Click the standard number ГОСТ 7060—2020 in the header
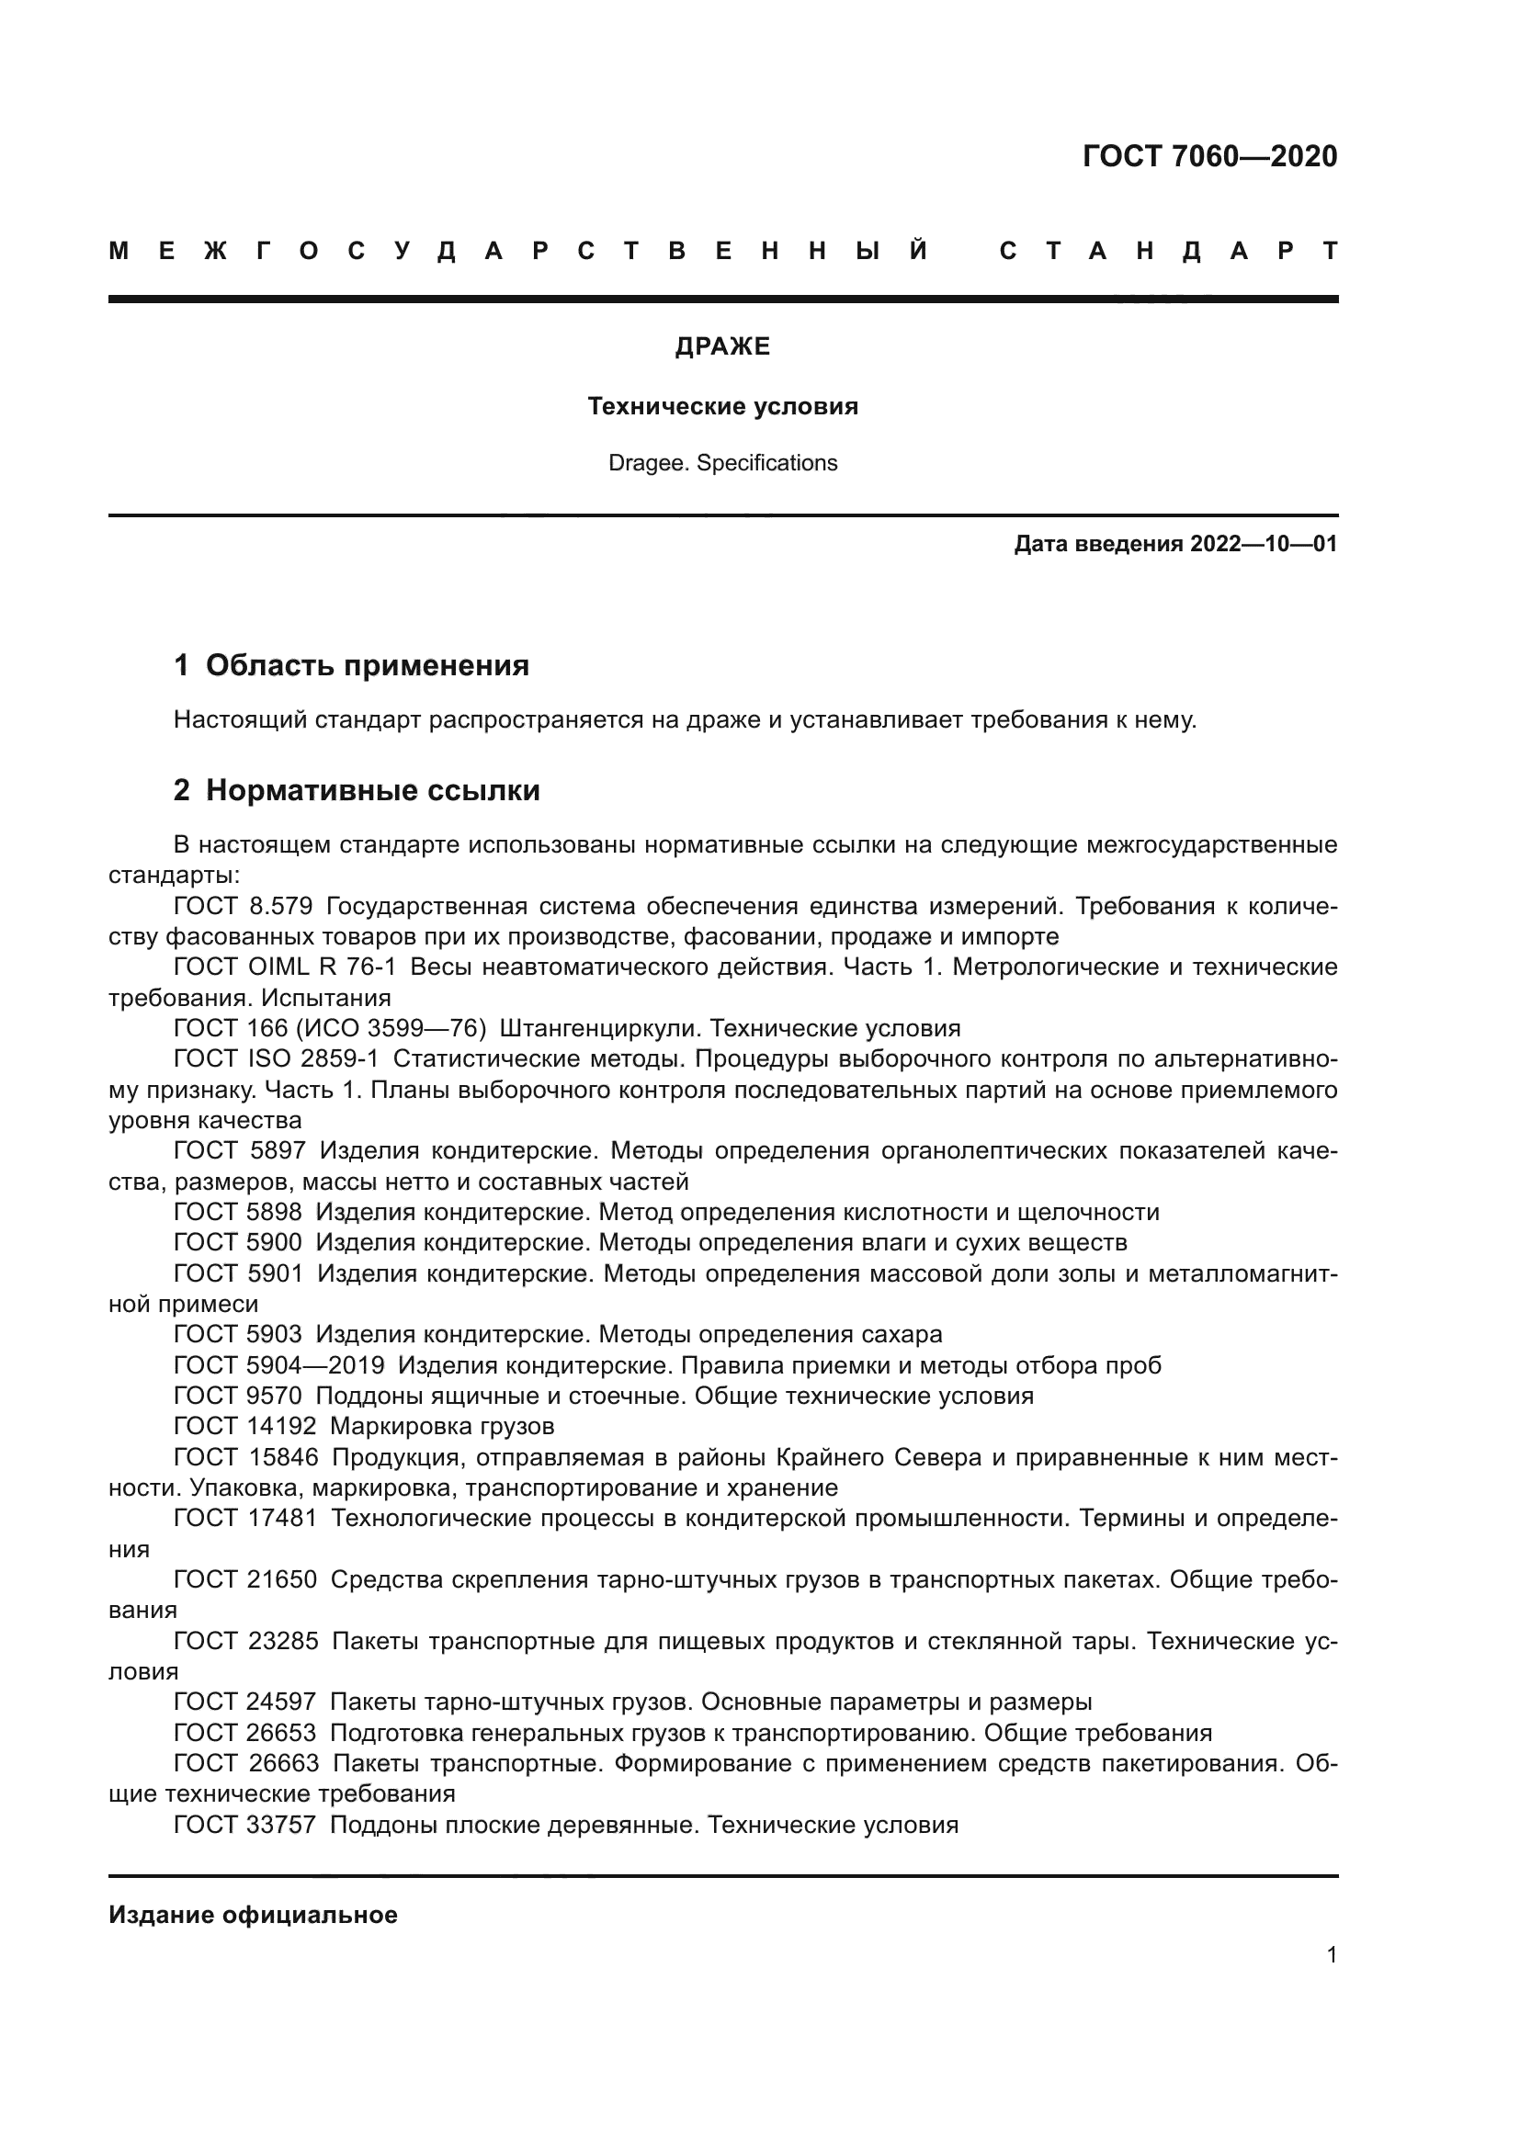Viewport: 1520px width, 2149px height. pyautogui.click(x=1209, y=156)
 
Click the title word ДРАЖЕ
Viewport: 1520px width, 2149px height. pyautogui.click(x=722, y=347)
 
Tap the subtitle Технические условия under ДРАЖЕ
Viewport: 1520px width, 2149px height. pyautogui.click(x=722, y=407)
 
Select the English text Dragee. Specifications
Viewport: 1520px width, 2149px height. pyautogui.click(x=722, y=463)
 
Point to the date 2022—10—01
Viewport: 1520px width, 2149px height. pyautogui.click(x=1264, y=544)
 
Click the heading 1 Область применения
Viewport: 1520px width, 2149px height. pyautogui.click(x=351, y=665)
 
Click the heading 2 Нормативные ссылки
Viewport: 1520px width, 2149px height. pyautogui.click(x=357, y=791)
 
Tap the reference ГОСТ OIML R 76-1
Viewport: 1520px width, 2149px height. pyautogui.click(x=285, y=967)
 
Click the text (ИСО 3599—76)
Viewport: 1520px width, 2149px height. pyautogui.click(x=391, y=1029)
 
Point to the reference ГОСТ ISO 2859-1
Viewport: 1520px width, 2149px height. pyautogui.click(x=276, y=1059)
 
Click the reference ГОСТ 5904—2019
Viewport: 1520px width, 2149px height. pyautogui.click(x=279, y=1365)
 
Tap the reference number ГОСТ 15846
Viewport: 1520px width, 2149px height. pyautogui.click(x=246, y=1457)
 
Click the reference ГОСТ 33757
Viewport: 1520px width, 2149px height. pyautogui.click(x=244, y=1826)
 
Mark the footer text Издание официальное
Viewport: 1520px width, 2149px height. pyautogui.click(x=253, y=1915)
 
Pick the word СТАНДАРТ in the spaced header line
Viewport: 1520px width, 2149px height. pyautogui.click(x=1168, y=252)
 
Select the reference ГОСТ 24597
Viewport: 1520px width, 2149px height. pyautogui.click(x=244, y=1702)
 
